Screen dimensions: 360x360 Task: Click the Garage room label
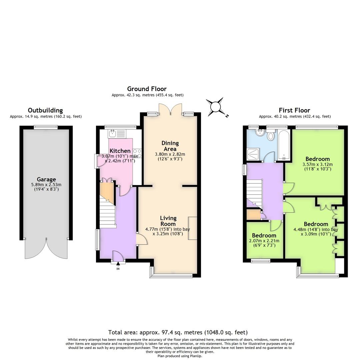(x=46, y=179)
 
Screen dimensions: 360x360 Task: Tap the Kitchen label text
(x=120, y=151)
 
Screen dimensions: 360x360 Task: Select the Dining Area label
(x=170, y=146)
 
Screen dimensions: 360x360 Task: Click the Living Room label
(x=168, y=221)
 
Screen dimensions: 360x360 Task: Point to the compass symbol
(x=216, y=107)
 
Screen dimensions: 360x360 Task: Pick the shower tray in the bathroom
(x=253, y=154)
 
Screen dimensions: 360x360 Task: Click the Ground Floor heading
(x=147, y=89)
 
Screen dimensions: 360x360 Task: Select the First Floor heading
(x=295, y=110)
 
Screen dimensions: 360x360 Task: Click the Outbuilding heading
(x=45, y=110)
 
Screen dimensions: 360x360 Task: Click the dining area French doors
(x=170, y=109)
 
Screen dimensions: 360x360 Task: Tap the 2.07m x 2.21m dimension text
(x=264, y=241)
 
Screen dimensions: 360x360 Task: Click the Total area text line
(x=178, y=332)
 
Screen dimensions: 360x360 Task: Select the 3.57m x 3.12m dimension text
(x=317, y=164)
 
